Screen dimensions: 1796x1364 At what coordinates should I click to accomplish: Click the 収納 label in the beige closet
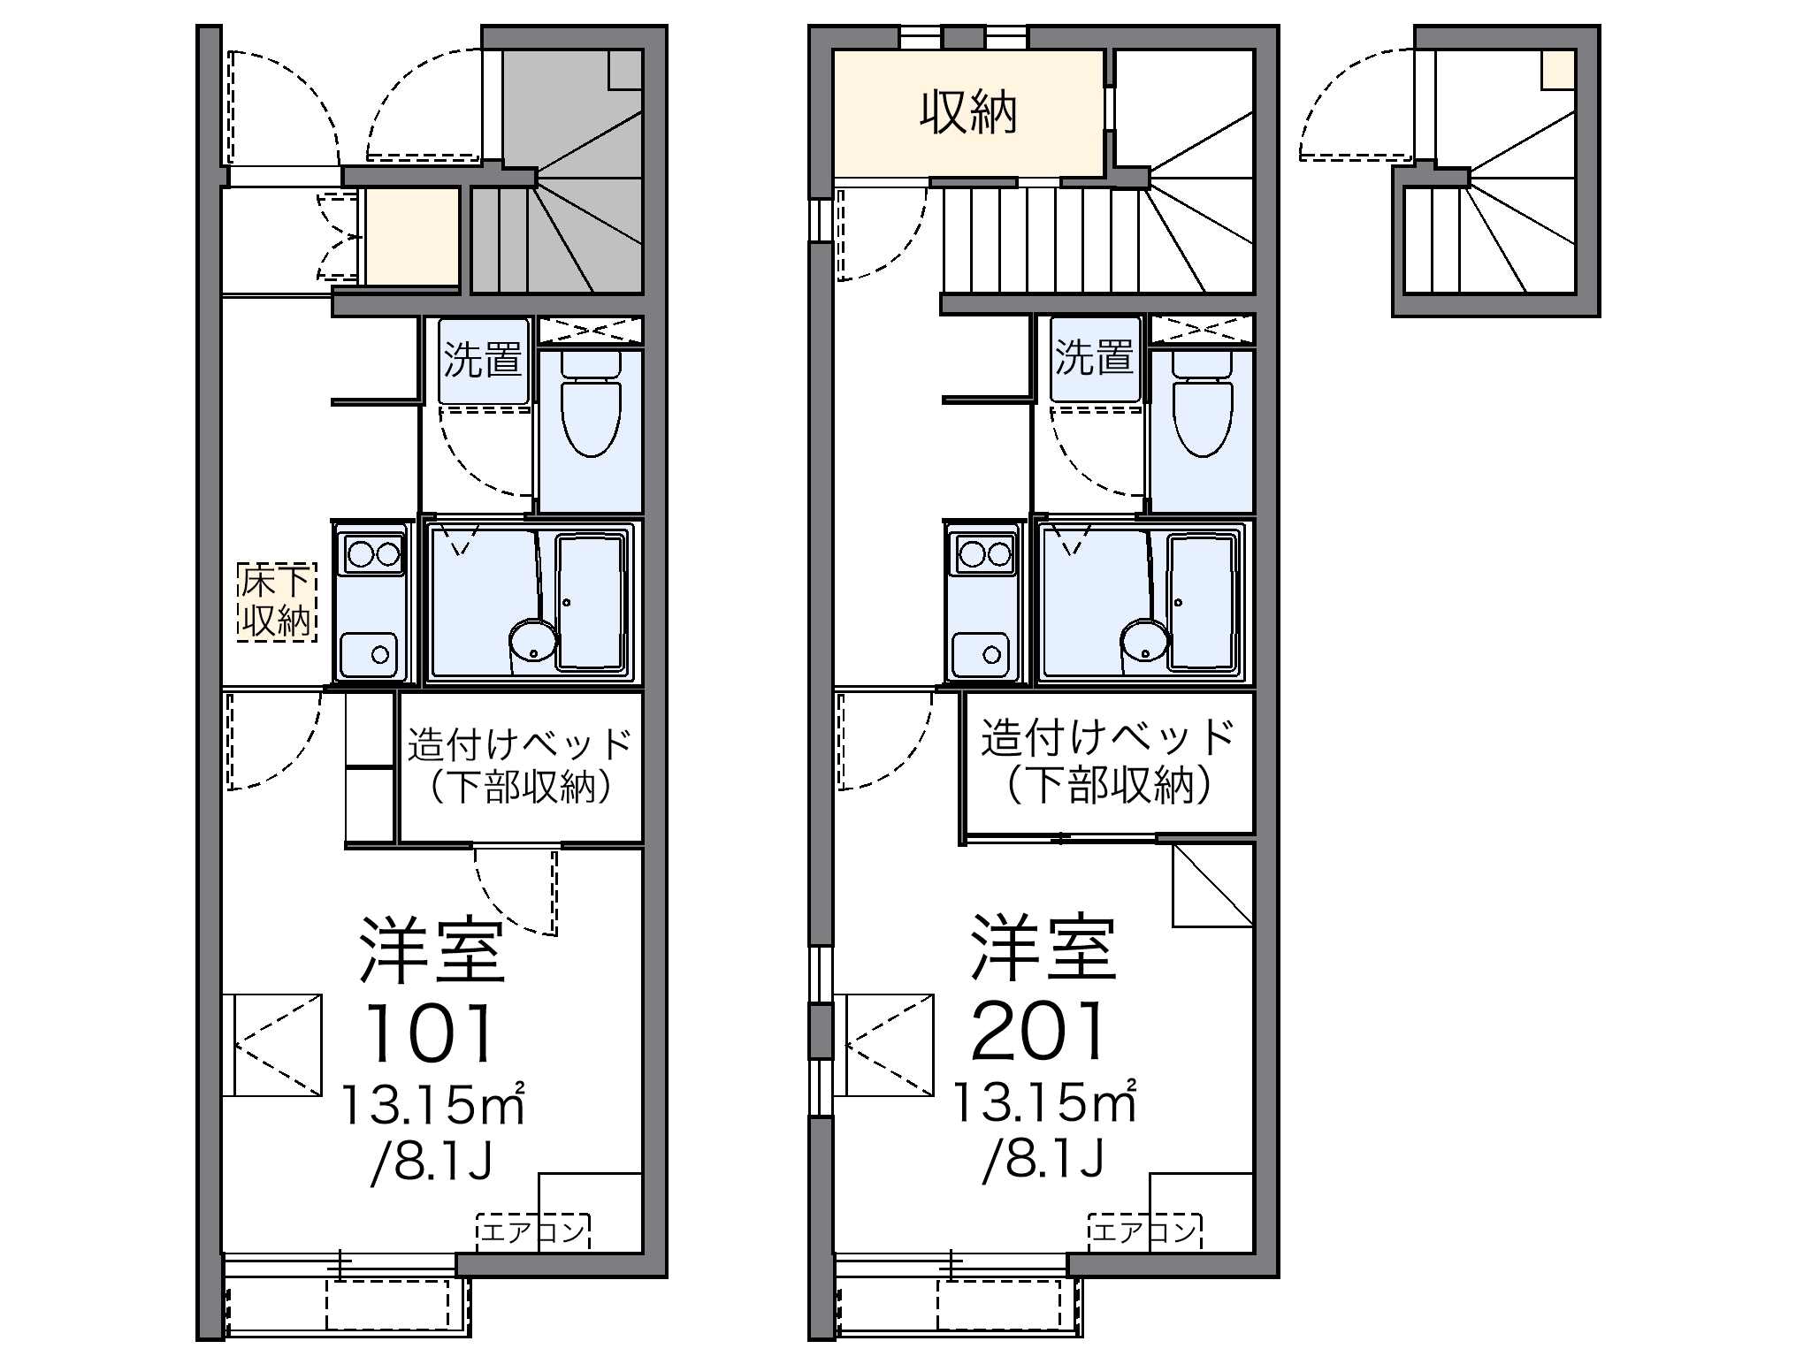[968, 112]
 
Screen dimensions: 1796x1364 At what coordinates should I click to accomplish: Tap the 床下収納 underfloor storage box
[277, 601]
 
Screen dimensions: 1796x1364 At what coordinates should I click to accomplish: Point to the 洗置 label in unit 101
[483, 360]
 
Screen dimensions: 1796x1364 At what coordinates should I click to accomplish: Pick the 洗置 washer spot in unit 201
[1095, 358]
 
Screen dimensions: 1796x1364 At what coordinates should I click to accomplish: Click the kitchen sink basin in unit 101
[369, 655]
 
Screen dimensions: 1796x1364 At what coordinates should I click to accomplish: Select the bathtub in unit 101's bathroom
[590, 601]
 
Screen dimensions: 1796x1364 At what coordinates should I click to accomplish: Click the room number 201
[1038, 1030]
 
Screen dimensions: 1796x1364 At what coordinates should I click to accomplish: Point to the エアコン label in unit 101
[533, 1231]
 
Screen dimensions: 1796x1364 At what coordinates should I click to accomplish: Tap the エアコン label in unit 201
[1145, 1230]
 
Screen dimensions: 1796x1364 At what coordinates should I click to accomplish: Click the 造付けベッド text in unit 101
[520, 744]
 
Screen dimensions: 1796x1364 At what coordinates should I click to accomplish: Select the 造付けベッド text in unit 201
[1108, 737]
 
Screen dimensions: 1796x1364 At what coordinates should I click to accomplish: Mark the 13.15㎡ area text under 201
[1043, 1101]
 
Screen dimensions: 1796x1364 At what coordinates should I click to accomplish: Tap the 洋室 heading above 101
[432, 951]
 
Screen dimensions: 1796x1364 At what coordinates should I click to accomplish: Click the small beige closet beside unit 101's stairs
[413, 237]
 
